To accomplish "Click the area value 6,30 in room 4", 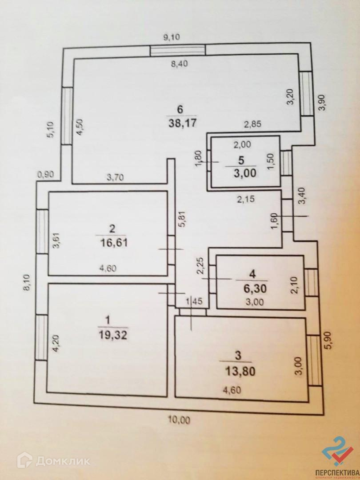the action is coord(246,287).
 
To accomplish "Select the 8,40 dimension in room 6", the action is coord(180,64).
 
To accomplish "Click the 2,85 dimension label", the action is coord(252,125).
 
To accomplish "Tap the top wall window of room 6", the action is coord(177,51).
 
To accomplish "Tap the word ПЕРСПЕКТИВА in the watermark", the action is coord(336,472).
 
